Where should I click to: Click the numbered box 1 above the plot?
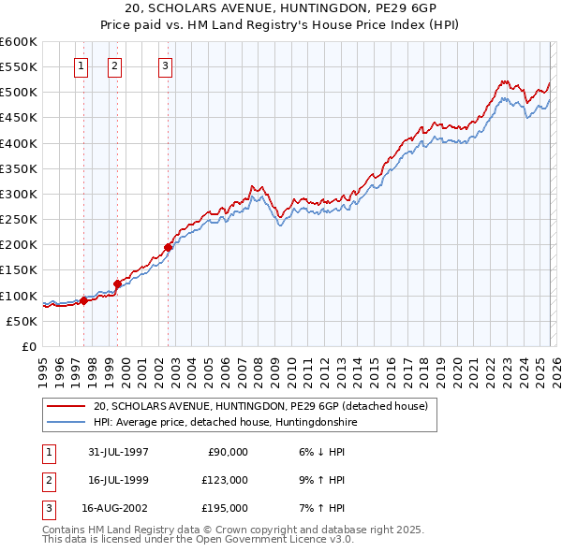pyautogui.click(x=81, y=65)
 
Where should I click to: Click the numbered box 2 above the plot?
pyautogui.click(x=114, y=65)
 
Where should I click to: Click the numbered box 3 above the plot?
pyautogui.click(x=165, y=65)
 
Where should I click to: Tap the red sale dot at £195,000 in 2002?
pyautogui.click(x=169, y=248)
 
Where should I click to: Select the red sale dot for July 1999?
pyautogui.click(x=118, y=283)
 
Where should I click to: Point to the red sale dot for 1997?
pyautogui.click(x=84, y=300)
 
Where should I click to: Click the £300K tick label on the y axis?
pyautogui.click(x=19, y=194)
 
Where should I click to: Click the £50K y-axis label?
pyautogui.click(x=22, y=321)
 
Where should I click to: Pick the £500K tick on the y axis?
pyautogui.click(x=19, y=93)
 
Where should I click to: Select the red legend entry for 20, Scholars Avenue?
pyautogui.click(x=260, y=406)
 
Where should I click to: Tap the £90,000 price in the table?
pyautogui.click(x=226, y=451)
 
